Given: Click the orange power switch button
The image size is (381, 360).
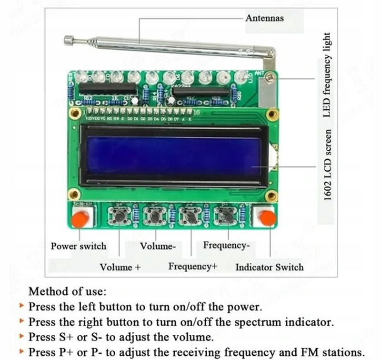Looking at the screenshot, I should (x=80, y=219).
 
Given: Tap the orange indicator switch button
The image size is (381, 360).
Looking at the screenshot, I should (x=267, y=218).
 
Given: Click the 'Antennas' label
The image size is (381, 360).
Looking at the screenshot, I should (x=264, y=18).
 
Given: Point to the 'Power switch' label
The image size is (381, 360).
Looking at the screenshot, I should (x=79, y=246).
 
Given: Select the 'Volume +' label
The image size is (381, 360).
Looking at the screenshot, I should (x=120, y=267).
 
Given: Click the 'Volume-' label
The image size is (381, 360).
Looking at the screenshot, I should (x=158, y=246).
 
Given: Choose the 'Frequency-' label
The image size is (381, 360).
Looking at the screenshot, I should (x=226, y=246).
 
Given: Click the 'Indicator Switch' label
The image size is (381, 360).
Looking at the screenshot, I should (x=269, y=267).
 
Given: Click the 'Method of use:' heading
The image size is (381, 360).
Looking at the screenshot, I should (x=68, y=291).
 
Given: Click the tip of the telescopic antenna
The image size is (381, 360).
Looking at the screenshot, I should (x=69, y=41).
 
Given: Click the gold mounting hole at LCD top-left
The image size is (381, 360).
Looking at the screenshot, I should (x=74, y=113).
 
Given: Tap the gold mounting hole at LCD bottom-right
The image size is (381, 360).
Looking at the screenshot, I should (x=271, y=195).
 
